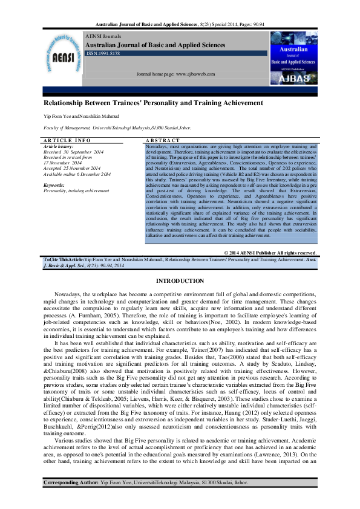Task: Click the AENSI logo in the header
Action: click(x=62, y=57)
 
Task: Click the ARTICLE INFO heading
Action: click(x=67, y=140)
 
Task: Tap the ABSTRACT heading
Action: click(x=161, y=140)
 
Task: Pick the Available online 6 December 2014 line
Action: click(x=77, y=174)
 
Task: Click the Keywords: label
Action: click(x=54, y=185)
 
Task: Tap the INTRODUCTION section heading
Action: click(x=180, y=282)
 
